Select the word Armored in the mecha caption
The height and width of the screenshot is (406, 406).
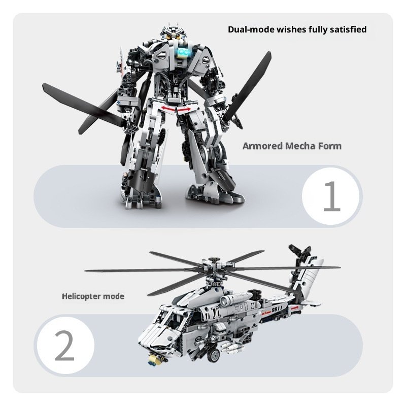pos(262,146)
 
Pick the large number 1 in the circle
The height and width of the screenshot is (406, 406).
pos(332,196)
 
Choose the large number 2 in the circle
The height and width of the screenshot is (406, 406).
pos(64,345)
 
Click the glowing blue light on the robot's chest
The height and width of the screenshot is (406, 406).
pos(184,53)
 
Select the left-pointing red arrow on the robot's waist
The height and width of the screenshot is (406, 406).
pos(168,108)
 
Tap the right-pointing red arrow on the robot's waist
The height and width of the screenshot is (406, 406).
pos(184,110)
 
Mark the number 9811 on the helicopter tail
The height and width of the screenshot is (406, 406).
pos(277,310)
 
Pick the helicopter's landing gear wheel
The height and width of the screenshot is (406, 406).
pos(214,355)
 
